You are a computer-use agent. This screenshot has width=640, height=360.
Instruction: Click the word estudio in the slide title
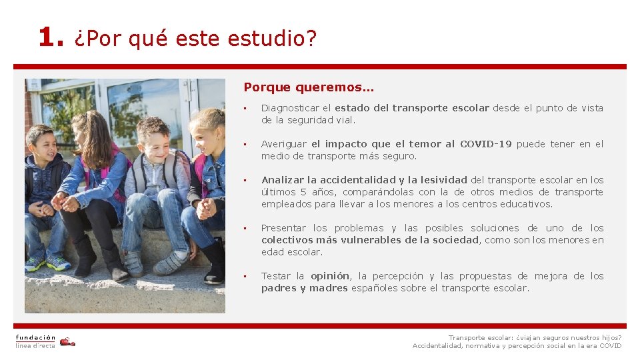click(268, 39)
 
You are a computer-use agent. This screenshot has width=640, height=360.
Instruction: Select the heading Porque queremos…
click(309, 87)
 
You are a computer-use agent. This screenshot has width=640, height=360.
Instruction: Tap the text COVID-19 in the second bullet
click(486, 144)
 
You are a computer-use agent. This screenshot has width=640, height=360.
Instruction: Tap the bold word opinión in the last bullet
click(330, 276)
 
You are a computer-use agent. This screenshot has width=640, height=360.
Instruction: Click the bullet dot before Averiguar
click(245, 144)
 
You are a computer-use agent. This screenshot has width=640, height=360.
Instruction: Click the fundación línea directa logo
click(45, 341)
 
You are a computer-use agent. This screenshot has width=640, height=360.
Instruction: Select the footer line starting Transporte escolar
click(535, 337)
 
